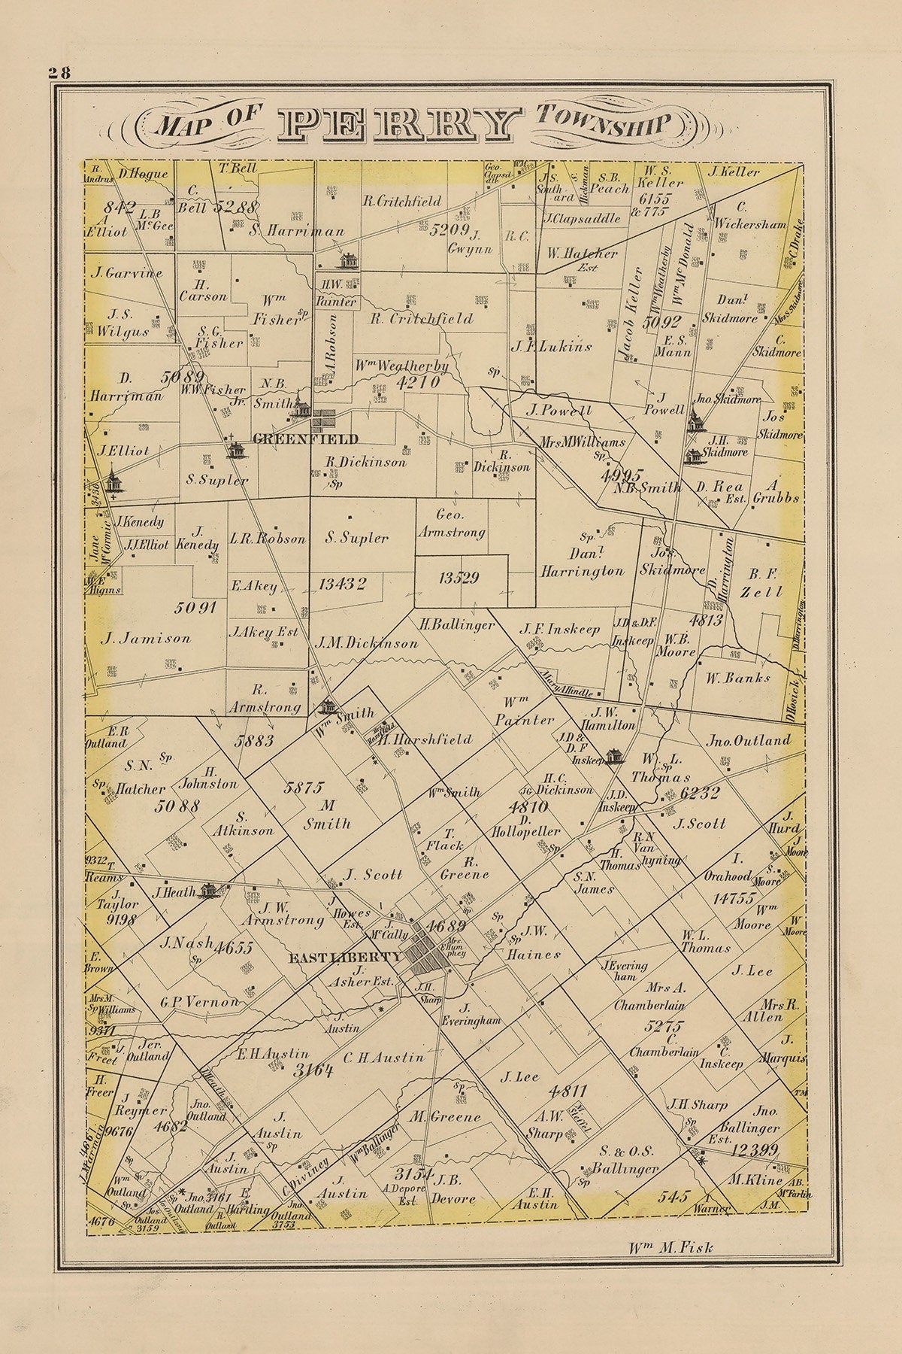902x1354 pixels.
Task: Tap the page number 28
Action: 59,72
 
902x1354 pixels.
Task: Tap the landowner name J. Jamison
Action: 146,638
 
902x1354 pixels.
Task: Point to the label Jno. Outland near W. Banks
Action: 749,740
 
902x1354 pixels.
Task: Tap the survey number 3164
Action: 313,1071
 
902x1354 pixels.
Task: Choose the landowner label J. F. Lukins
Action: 552,348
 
